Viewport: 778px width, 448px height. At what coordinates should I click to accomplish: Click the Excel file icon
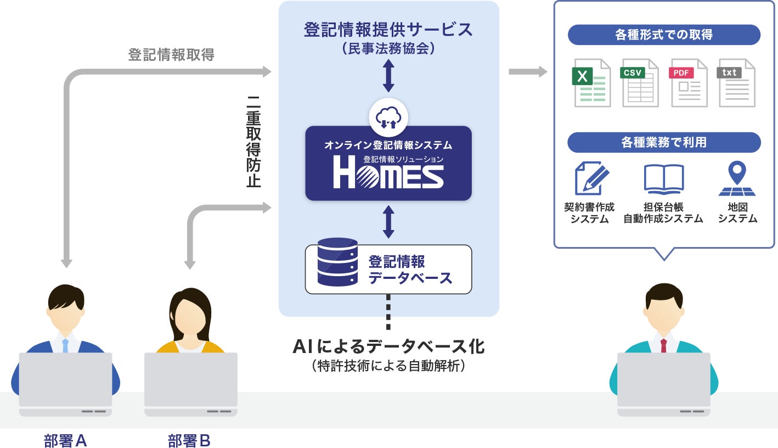592,82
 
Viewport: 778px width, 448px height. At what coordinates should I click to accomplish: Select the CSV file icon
640,82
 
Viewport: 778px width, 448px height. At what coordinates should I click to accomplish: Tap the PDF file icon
689,82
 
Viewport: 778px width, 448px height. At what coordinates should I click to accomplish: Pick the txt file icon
736,82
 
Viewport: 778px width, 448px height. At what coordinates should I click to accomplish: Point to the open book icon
663,179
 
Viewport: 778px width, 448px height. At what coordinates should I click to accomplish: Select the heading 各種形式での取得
664,35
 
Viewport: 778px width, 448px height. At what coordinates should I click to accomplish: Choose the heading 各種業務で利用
664,143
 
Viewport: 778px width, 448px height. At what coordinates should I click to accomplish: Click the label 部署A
65,440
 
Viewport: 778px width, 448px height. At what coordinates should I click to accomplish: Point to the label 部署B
189,440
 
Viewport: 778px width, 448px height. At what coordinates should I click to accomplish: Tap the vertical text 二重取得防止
253,142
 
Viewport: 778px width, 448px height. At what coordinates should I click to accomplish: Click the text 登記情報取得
171,55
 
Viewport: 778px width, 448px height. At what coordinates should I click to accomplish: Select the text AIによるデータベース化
388,347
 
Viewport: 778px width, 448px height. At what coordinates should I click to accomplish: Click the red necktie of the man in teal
663,346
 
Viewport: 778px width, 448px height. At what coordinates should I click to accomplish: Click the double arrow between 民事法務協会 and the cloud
388,76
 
